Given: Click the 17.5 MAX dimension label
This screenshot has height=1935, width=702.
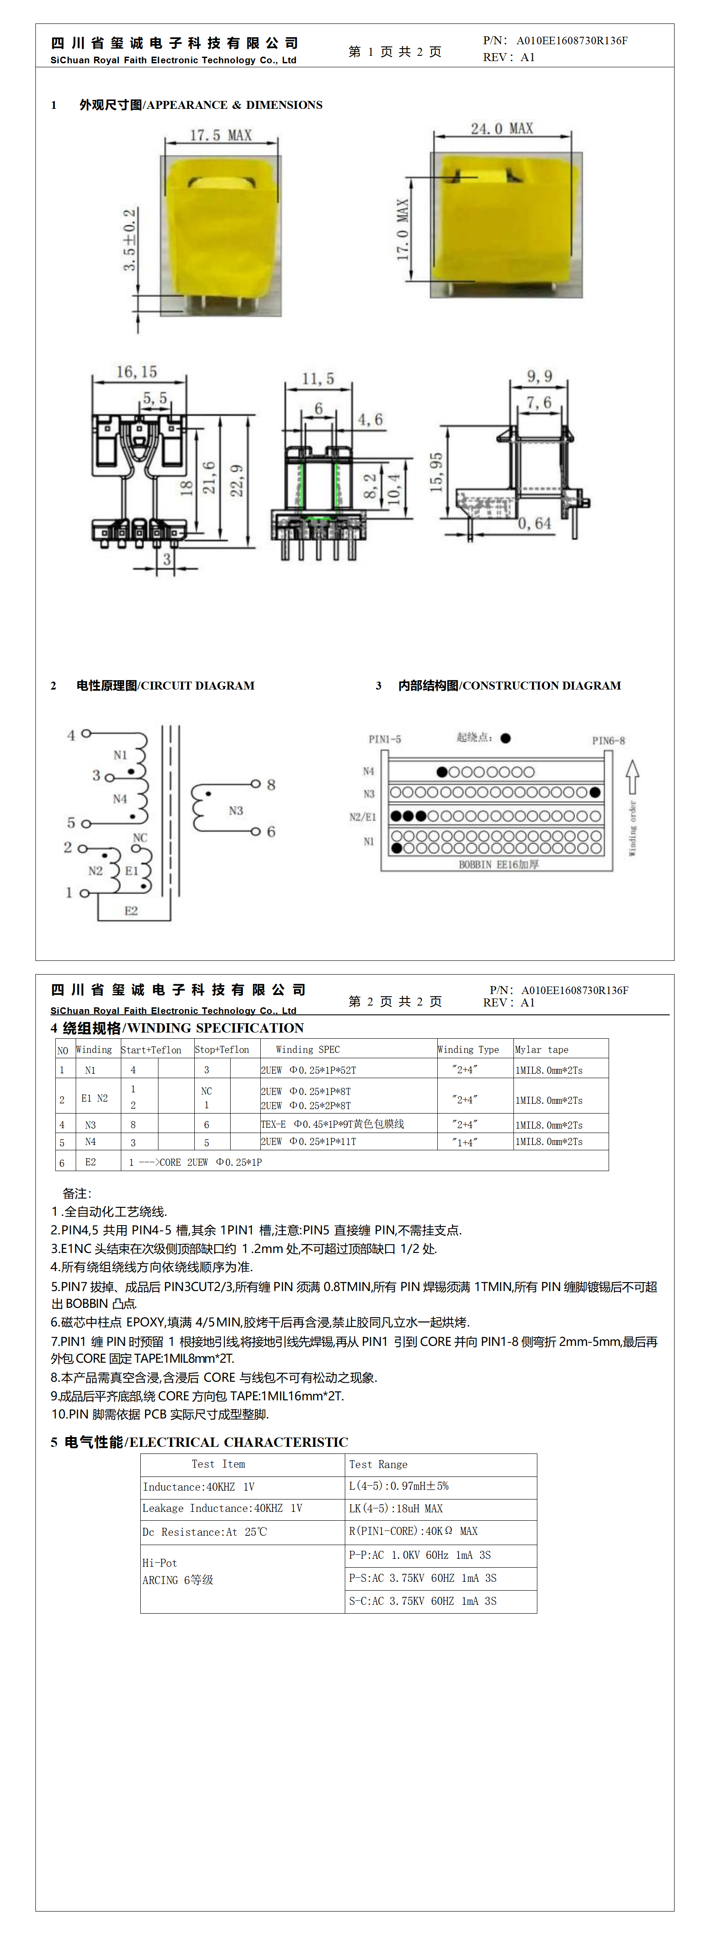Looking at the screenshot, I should click(220, 135).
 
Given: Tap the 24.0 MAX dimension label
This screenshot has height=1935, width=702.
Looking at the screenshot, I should click(501, 128).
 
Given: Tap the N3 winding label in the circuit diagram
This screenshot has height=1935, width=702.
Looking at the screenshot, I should click(236, 810).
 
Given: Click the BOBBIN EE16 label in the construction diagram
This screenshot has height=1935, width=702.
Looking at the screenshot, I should click(498, 864).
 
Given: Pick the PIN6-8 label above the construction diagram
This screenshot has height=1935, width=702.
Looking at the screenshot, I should click(608, 740).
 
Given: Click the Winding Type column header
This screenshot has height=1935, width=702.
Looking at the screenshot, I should click(468, 1049).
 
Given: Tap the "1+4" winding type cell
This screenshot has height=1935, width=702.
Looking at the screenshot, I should click(464, 1142).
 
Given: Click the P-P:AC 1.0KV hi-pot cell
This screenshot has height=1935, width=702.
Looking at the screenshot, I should click(420, 1555).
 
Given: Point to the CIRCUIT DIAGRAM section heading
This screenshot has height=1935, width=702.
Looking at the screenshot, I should click(166, 685).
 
